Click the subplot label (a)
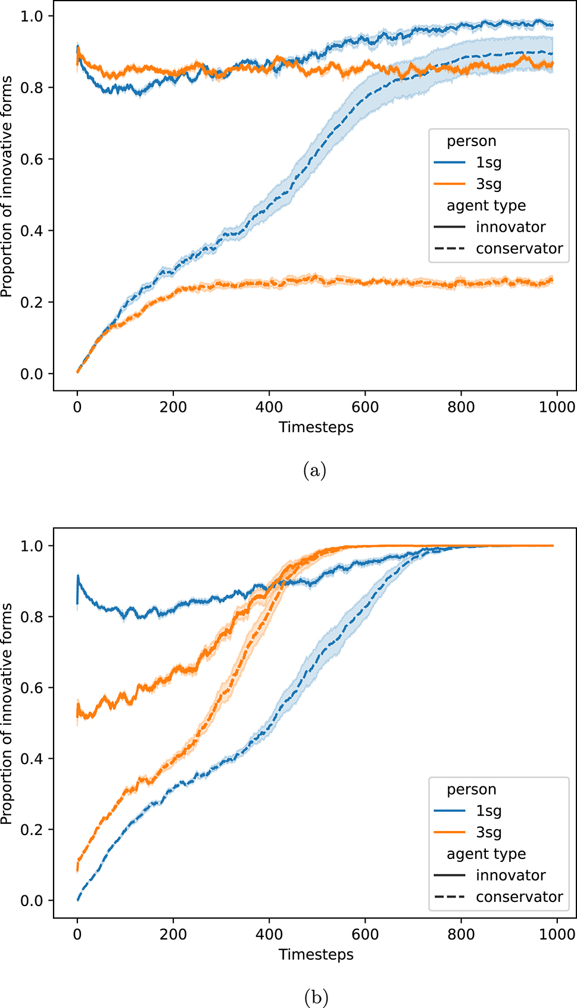pos(314,471)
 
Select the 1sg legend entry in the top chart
pos(488,163)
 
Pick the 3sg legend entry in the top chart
pos(488,184)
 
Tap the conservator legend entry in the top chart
pos(519,249)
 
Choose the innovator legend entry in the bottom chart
pos(510,875)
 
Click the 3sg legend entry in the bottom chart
pos(488,832)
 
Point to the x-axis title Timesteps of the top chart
pos(316,427)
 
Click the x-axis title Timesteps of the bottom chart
pos(316,954)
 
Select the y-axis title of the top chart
pos(7,187)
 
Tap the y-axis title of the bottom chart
pos(7,714)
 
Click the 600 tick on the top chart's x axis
pos(365,407)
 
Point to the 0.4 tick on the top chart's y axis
pos(32,231)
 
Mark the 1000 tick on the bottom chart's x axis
pos(557,934)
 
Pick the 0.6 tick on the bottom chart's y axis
pos(32,688)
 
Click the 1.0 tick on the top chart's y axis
pos(32,16)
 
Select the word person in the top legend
pos(471,141)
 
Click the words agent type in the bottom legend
pos(486,854)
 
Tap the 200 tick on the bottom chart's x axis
pos(173,934)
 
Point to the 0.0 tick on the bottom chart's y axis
pos(32,901)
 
